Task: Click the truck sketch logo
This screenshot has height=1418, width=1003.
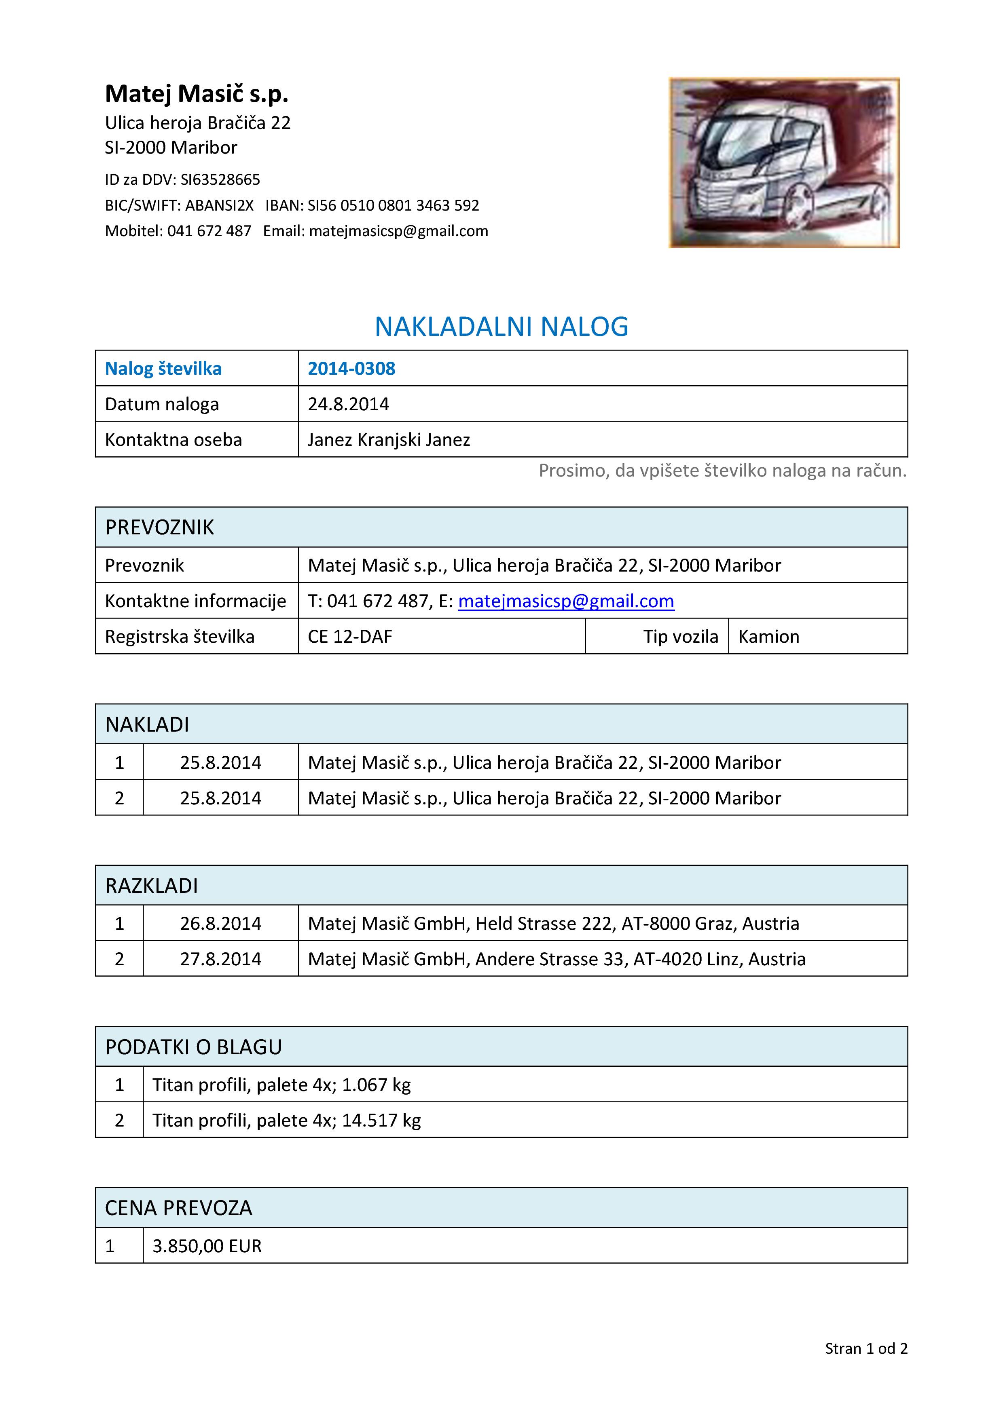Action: pyautogui.click(x=784, y=162)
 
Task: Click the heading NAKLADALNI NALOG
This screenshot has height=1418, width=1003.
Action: pyautogui.click(x=501, y=327)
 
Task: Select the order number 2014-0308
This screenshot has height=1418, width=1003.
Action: pyautogui.click(x=351, y=369)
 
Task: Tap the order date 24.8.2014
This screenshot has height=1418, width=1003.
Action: pyautogui.click(x=349, y=404)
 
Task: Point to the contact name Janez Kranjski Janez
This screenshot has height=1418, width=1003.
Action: pyautogui.click(x=389, y=440)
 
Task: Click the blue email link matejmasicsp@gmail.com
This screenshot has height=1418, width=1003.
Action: pyautogui.click(x=566, y=601)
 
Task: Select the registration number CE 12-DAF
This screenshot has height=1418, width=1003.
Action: pyautogui.click(x=350, y=637)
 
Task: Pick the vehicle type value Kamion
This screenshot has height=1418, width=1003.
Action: pyautogui.click(x=768, y=637)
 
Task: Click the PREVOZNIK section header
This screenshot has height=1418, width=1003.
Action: pyautogui.click(x=159, y=528)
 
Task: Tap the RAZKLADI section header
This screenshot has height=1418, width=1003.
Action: pyautogui.click(x=151, y=886)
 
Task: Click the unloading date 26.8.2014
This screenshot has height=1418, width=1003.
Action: pyautogui.click(x=221, y=923)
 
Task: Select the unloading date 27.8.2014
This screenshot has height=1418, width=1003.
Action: pyautogui.click(x=221, y=959)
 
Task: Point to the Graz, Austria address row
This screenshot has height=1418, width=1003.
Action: pyautogui.click(x=553, y=923)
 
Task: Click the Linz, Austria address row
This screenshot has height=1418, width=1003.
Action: pyautogui.click(x=556, y=959)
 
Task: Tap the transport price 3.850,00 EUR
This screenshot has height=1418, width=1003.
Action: pyautogui.click(x=207, y=1246)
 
